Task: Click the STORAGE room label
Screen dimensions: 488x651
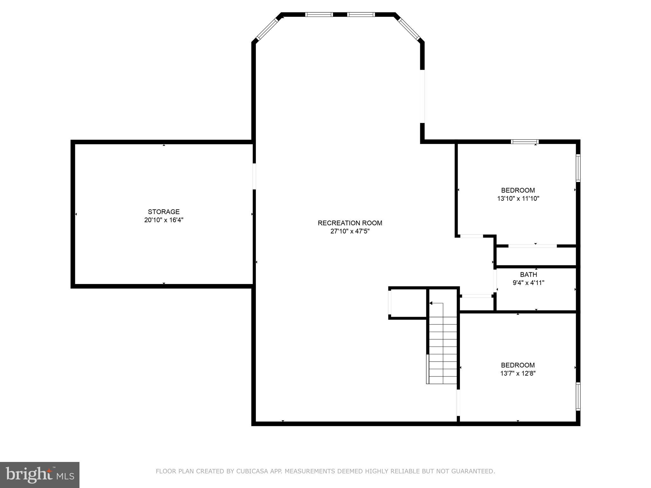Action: point(164,212)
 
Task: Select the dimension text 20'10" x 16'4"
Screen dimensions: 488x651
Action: point(164,220)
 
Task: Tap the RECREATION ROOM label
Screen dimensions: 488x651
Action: point(350,223)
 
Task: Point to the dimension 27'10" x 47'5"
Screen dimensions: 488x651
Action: point(350,231)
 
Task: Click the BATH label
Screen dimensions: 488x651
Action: point(529,274)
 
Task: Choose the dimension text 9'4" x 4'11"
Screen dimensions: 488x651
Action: point(529,283)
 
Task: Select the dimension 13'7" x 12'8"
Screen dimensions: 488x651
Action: point(518,373)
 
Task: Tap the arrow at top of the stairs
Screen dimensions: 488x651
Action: point(431,303)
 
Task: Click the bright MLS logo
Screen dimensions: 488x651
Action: point(40,475)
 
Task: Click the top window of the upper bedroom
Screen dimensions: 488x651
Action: point(524,142)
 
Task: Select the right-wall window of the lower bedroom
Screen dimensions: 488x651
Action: point(578,396)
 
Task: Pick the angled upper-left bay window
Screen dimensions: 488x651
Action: point(267,29)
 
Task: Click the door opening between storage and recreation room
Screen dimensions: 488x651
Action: point(254,176)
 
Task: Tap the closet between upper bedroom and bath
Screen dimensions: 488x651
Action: point(536,256)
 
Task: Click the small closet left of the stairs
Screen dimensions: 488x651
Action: point(408,303)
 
